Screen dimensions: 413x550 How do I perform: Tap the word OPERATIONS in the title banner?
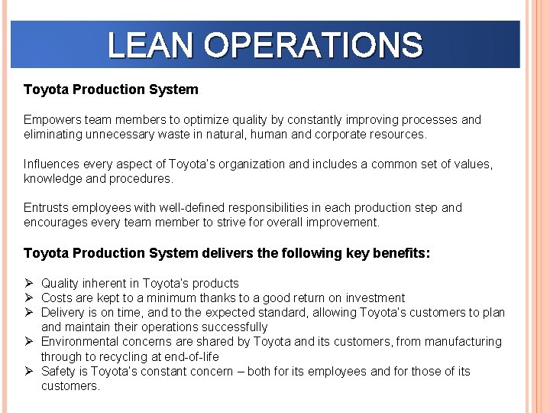pyautogui.click(x=313, y=45)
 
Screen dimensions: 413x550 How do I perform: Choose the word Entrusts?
pyautogui.click(x=46, y=207)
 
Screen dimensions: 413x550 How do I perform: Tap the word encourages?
pyautogui.click(x=55, y=222)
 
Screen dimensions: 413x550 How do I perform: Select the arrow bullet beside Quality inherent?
pyautogui.click(x=29, y=283)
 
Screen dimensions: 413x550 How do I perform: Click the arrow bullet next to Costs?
pyautogui.click(x=29, y=298)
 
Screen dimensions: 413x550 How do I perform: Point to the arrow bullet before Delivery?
pyautogui.click(x=29, y=312)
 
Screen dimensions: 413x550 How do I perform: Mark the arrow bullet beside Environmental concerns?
pyautogui.click(x=29, y=341)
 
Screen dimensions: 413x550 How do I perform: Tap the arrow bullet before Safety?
pyautogui.click(x=29, y=371)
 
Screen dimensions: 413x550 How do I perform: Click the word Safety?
pyautogui.click(x=58, y=371)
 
